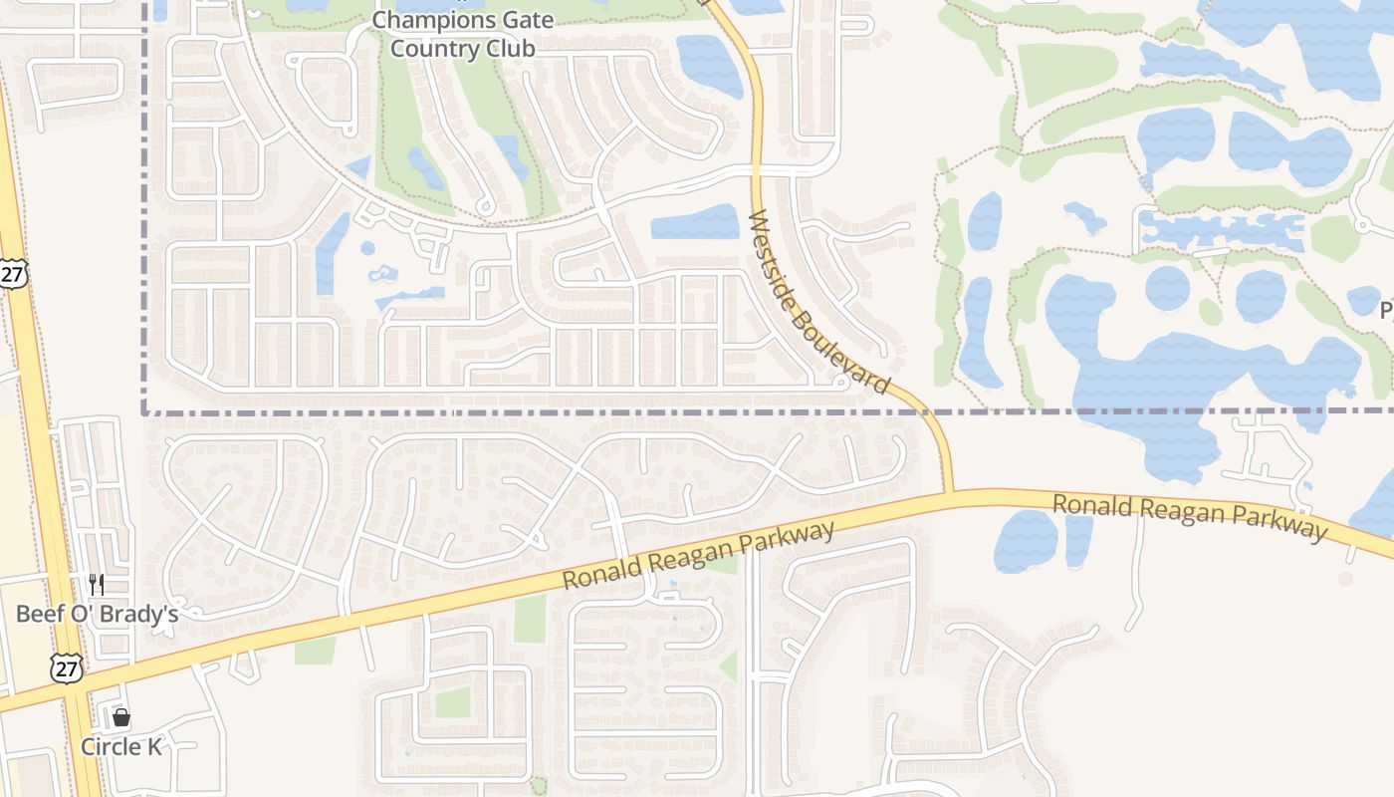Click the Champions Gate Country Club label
coord(462,34)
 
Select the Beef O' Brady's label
coord(97,613)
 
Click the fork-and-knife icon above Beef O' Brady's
coord(97,584)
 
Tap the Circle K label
coord(120,746)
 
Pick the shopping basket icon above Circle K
coord(121,717)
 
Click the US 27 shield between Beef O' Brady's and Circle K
coord(67,667)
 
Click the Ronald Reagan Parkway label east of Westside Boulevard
coord(1190,516)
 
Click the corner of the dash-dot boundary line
coord(146,410)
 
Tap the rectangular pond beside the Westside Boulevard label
coord(695,222)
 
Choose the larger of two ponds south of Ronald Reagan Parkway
coord(1026,541)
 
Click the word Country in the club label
coord(428,48)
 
